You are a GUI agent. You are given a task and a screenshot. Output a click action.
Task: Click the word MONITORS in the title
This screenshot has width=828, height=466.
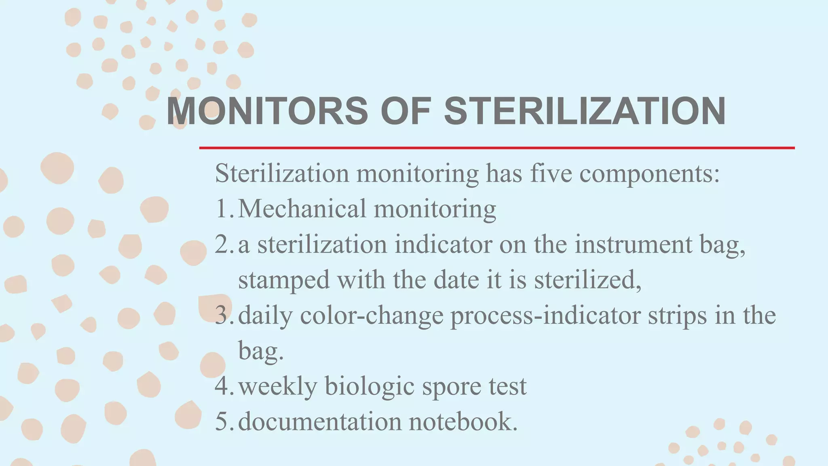click(x=267, y=111)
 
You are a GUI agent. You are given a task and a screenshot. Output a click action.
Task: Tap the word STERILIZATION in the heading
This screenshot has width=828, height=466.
click(x=585, y=111)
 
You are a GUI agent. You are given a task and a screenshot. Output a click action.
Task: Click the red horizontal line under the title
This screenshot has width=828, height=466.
click(x=496, y=148)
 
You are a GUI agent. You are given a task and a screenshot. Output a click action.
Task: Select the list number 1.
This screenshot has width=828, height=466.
click(x=223, y=209)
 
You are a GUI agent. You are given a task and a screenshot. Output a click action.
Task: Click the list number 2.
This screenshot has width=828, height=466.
click(x=223, y=244)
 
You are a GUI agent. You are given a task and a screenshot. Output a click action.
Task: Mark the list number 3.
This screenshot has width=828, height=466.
click(x=223, y=315)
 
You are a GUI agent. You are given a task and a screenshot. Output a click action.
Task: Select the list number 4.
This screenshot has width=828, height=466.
click(x=223, y=386)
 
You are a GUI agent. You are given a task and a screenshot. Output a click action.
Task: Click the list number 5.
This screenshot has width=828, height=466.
click(x=223, y=422)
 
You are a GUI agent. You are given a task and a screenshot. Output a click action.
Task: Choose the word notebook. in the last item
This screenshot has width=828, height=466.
click(x=463, y=422)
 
